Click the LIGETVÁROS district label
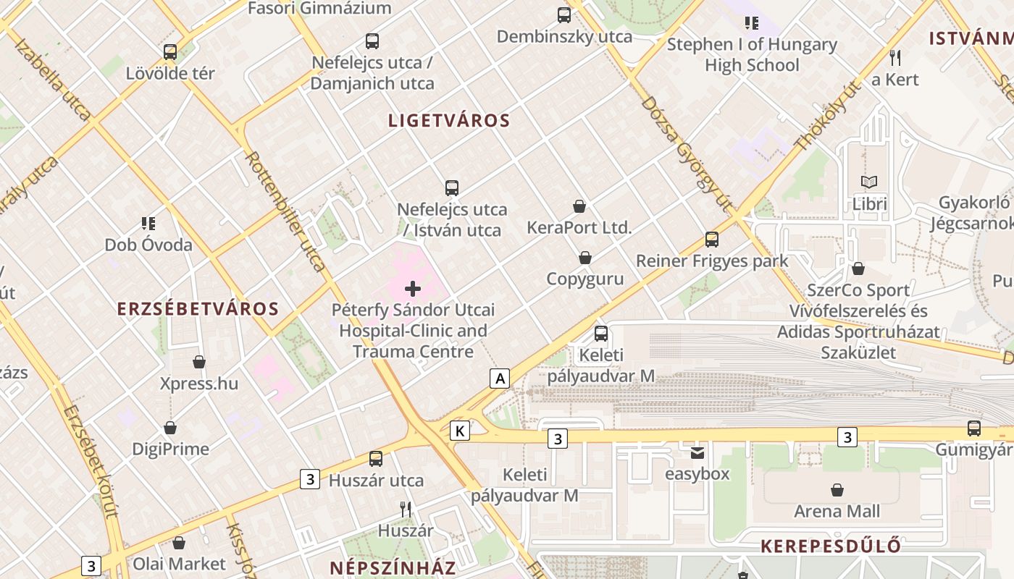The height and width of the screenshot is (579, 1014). pyautogui.click(x=449, y=121)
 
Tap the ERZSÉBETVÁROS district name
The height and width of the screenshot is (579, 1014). pyautogui.click(x=198, y=309)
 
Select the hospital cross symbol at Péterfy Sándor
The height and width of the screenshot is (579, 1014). pyautogui.click(x=413, y=289)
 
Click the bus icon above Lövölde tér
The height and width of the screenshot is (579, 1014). pyautogui.click(x=170, y=52)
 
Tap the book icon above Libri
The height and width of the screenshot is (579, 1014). pyautogui.click(x=869, y=182)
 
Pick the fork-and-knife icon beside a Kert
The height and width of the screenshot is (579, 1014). pyautogui.click(x=895, y=58)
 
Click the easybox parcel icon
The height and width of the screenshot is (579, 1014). pyautogui.click(x=697, y=453)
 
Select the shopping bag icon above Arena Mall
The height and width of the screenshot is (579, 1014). pyautogui.click(x=837, y=490)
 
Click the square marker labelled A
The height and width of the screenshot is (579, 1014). pyautogui.click(x=499, y=378)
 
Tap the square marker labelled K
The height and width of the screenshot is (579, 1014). pyautogui.click(x=459, y=431)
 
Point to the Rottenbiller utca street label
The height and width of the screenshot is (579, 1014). pyautogui.click(x=285, y=211)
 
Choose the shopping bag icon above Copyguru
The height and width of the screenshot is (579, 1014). pyautogui.click(x=584, y=258)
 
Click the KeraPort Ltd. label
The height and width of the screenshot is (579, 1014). pyautogui.click(x=579, y=227)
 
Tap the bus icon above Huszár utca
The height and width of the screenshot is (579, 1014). pyautogui.click(x=375, y=458)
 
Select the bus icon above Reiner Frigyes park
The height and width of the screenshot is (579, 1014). pyautogui.click(x=712, y=240)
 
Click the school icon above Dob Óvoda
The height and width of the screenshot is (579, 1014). pyautogui.click(x=148, y=223)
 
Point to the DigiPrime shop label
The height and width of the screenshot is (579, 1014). pyautogui.click(x=170, y=449)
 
